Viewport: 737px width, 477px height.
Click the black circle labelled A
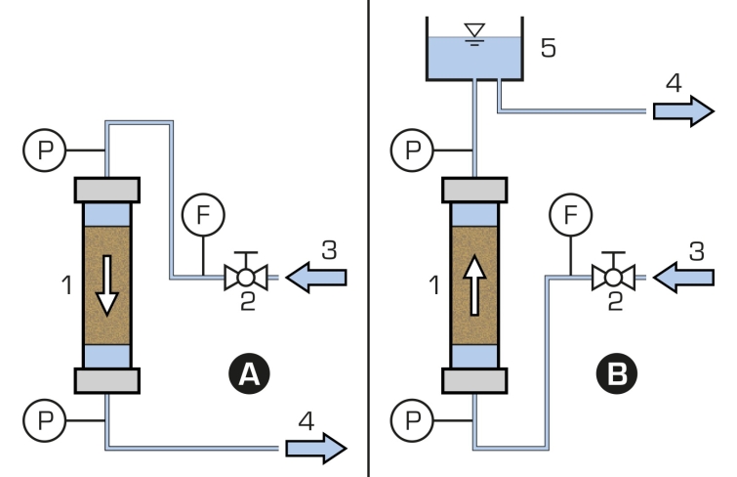pos(249,373)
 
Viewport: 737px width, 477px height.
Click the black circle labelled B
pos(617,373)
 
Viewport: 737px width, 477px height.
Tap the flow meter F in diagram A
pos(203,215)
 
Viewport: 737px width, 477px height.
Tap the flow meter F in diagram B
pos(571,215)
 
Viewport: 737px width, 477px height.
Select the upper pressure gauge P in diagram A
pos(45,151)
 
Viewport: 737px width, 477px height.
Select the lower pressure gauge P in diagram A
pos(45,420)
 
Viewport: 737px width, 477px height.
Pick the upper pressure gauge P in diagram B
pos(412,151)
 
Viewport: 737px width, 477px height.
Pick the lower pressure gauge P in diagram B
pos(412,420)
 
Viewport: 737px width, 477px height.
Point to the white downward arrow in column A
pos(107,285)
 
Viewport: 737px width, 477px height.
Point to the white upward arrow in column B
pos(474,285)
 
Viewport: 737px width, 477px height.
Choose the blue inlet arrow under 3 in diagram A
pos(316,278)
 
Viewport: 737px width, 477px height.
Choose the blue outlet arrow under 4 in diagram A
pos(316,449)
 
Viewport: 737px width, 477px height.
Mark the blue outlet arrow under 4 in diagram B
pos(684,111)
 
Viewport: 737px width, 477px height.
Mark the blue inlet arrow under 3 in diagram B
pos(683,278)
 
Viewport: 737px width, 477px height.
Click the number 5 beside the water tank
pos(548,48)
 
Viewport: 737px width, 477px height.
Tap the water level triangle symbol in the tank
pos(474,30)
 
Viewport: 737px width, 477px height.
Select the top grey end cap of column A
pos(107,191)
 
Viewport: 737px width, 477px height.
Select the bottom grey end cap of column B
pos(474,380)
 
